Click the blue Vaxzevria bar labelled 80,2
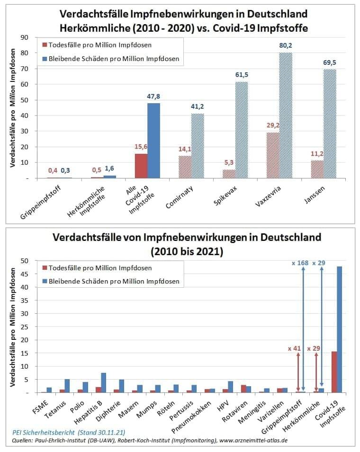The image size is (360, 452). coord(285,115)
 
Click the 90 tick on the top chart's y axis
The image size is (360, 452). coord(25,37)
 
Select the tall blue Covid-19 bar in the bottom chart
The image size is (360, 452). coord(339,329)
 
